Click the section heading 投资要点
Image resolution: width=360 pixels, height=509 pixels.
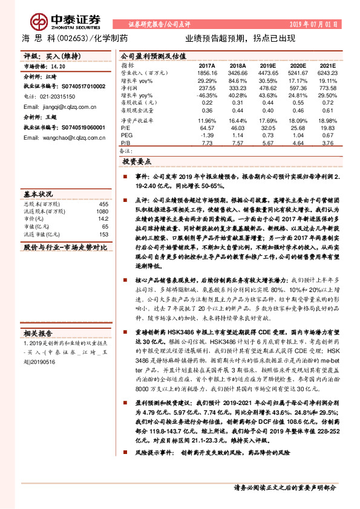click(137, 163)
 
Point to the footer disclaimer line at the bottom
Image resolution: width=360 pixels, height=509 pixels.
click(284, 487)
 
